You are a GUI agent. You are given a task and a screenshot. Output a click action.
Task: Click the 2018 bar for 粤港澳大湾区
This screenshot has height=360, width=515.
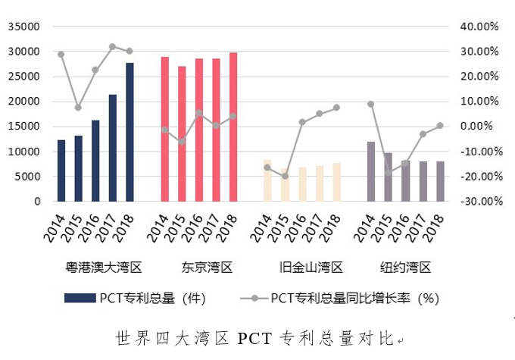130,133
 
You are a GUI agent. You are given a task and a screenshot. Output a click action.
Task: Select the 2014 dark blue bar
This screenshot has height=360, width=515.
61,171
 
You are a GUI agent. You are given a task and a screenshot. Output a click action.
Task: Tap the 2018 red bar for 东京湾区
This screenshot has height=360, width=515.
233,127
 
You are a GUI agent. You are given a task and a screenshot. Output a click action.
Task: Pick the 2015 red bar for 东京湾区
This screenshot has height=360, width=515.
182,134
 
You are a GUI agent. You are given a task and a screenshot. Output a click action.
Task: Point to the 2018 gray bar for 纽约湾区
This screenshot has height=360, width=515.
440,181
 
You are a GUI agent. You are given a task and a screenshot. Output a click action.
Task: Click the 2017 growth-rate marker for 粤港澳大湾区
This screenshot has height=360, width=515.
112,47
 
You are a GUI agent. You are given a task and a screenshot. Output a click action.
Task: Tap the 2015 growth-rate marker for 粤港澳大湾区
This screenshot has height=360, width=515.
78,108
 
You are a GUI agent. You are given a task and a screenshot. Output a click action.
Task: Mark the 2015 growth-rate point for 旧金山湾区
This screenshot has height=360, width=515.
285,176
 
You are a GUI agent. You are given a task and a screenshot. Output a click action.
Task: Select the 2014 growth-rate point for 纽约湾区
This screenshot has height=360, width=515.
371,104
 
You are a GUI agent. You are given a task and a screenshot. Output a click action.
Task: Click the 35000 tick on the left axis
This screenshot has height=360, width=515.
24,27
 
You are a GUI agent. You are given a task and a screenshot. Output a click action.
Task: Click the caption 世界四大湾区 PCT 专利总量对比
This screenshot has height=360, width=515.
257,337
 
